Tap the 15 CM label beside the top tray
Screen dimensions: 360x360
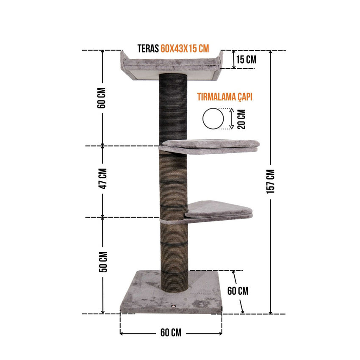coord(246,60)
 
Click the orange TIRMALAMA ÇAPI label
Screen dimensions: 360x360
coord(224,97)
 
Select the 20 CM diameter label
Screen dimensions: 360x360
coord(241,119)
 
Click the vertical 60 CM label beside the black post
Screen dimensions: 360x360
coord(101,98)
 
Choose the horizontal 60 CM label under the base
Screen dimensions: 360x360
coord(171,333)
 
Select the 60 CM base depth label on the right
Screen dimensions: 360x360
coord(238,291)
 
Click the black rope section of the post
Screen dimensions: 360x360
coord(172,110)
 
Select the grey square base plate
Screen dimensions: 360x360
coord(144,296)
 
